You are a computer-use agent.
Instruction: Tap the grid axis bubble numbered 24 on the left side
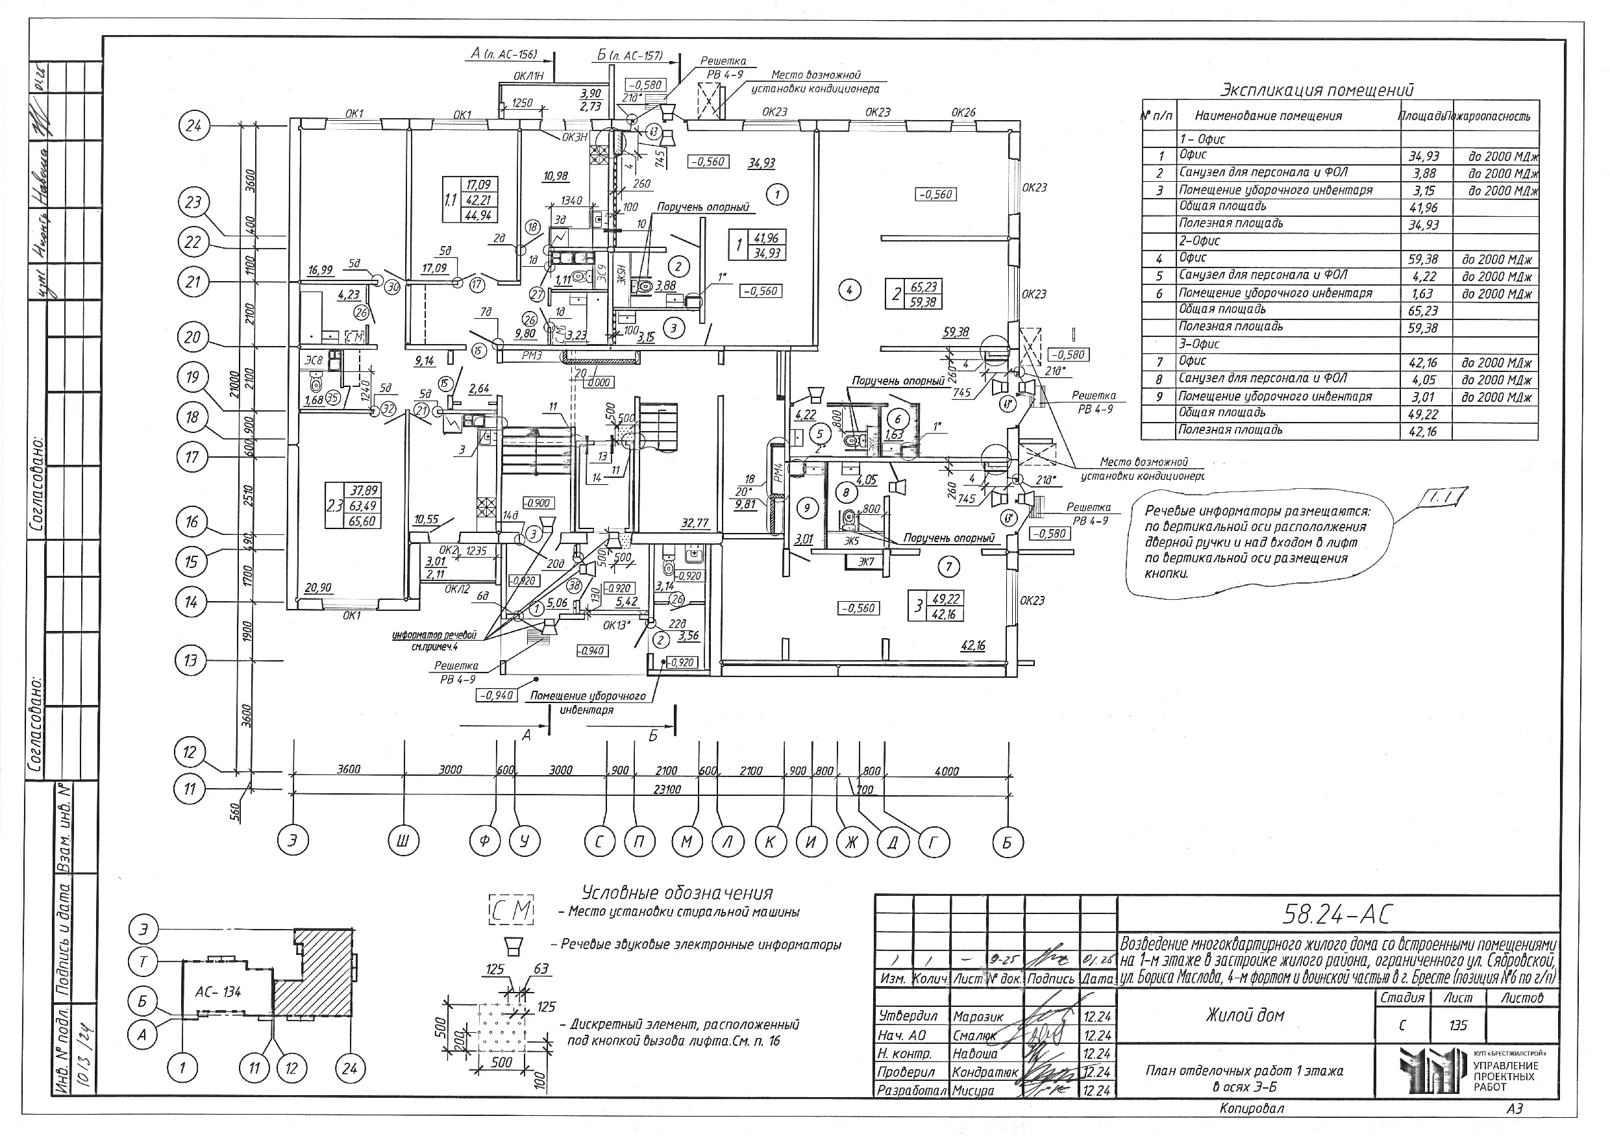click(x=193, y=126)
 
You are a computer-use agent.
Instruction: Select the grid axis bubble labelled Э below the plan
click(x=293, y=841)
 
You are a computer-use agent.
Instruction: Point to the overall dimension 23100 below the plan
click(x=667, y=789)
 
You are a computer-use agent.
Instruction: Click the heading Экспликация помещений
click(x=1318, y=90)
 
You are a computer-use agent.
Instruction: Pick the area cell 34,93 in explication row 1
click(x=1424, y=156)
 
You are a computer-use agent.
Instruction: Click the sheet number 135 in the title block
click(x=1458, y=1025)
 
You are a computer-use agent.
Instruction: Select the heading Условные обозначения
click(x=676, y=893)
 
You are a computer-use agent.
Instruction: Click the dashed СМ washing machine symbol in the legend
click(x=511, y=911)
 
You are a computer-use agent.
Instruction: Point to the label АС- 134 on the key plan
click(x=219, y=991)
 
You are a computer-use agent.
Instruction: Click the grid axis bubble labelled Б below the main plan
click(x=1007, y=842)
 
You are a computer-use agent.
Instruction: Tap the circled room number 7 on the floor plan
click(x=948, y=567)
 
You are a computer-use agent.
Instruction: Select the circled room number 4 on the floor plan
click(x=849, y=289)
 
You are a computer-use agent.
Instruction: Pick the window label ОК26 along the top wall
click(x=963, y=112)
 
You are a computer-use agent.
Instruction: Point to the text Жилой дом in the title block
click(x=1245, y=1015)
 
